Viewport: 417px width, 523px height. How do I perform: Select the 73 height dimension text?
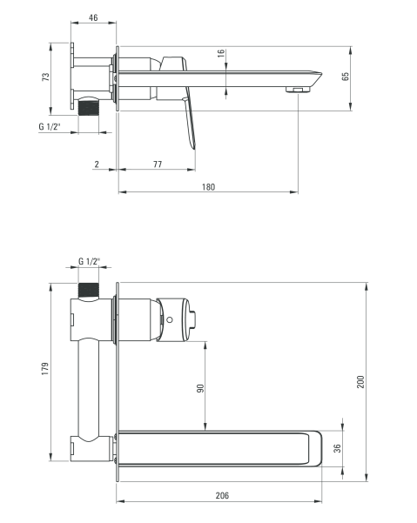tap(46, 77)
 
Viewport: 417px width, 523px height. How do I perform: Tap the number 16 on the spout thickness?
tap(221, 54)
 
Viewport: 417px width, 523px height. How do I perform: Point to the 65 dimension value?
tap(346, 77)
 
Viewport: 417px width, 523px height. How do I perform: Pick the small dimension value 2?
tap(98, 164)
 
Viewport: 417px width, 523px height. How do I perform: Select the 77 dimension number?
tap(158, 164)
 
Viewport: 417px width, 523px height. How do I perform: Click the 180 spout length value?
tap(208, 186)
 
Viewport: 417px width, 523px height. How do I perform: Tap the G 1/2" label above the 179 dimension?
tap(89, 261)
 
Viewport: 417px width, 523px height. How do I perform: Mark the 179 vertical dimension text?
tap(44, 369)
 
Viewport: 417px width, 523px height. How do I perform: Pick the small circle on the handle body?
tap(170, 319)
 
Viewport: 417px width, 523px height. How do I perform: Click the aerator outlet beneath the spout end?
tap(299, 89)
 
